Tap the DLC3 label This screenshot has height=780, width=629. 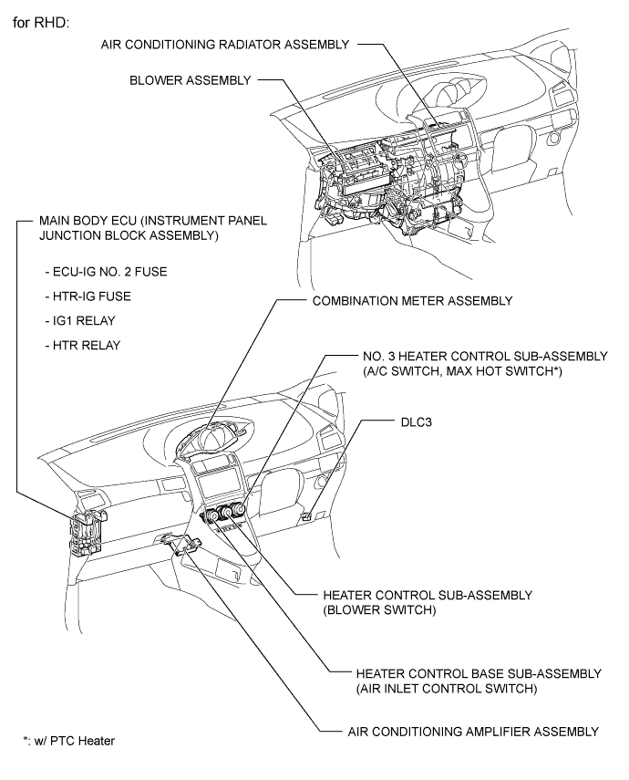click(x=417, y=422)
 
